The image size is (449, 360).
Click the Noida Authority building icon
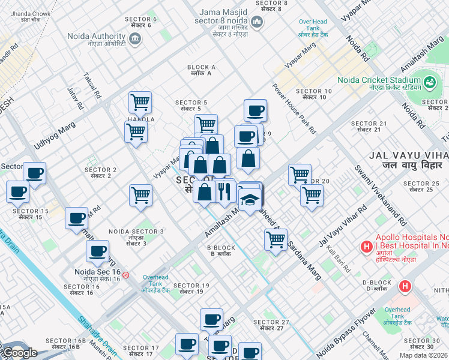[x=135, y=39]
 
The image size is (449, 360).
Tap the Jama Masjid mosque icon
[x=257, y=23]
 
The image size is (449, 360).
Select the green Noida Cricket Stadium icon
[x=430, y=81]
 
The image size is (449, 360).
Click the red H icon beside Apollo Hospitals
[x=365, y=246]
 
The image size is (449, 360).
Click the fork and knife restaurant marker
[x=225, y=191]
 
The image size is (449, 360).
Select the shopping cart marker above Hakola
[x=140, y=102]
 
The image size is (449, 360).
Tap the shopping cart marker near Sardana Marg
[x=276, y=239]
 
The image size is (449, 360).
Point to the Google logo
[x=20, y=353]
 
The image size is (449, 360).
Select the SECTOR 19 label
[x=191, y=289]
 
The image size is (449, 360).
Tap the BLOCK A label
[x=201, y=70]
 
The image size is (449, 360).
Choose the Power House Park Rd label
[x=294, y=108]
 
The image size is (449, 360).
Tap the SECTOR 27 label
[x=271, y=325]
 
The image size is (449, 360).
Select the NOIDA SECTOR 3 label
[x=136, y=235]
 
